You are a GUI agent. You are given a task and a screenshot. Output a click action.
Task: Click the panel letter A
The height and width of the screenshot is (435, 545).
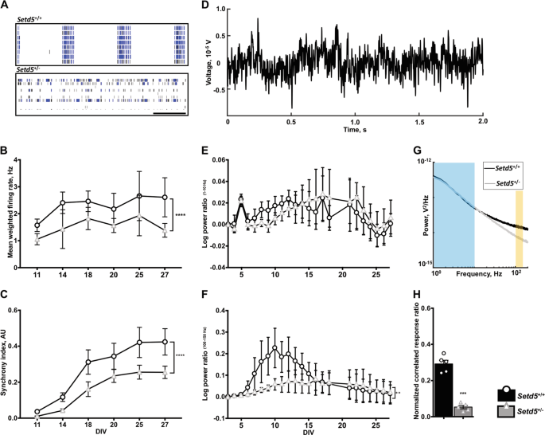point(6,6)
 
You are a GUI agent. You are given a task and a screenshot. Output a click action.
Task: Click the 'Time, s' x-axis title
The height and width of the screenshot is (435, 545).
point(355,135)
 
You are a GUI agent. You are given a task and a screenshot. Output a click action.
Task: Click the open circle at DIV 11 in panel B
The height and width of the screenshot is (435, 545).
point(37,225)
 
